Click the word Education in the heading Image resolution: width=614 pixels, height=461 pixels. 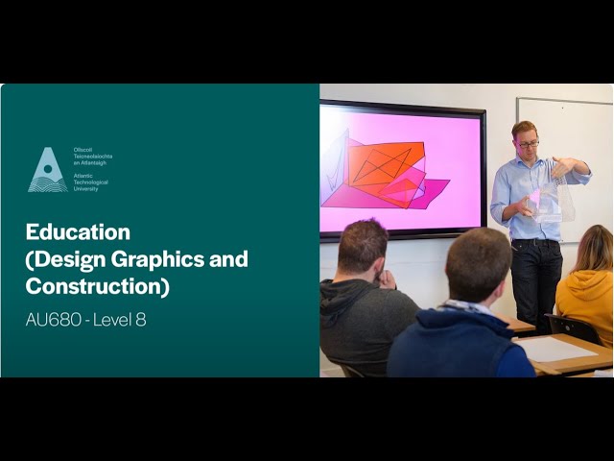(78, 232)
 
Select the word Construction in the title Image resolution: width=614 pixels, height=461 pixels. (91, 286)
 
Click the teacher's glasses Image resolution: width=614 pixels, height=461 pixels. (527, 143)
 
